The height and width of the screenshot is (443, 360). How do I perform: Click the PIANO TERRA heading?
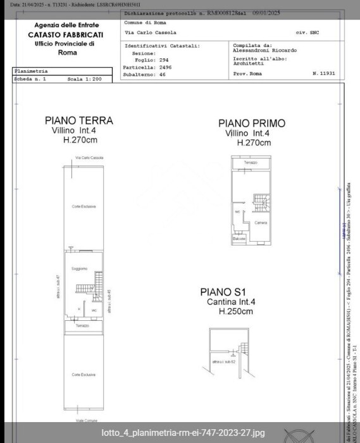(x=78, y=120)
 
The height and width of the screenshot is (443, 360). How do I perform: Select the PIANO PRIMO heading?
(x=251, y=123)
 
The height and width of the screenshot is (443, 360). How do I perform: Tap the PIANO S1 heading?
(x=223, y=292)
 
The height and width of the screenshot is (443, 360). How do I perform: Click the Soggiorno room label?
(x=79, y=268)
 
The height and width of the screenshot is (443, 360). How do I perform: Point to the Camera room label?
(x=261, y=223)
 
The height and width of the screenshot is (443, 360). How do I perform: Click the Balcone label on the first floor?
(x=239, y=238)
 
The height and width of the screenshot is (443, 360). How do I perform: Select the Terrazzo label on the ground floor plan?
(x=82, y=325)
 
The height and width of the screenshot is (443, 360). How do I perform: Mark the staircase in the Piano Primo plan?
(x=261, y=203)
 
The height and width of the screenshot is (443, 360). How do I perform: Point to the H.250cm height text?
(x=235, y=311)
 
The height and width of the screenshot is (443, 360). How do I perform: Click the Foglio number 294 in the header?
(x=163, y=60)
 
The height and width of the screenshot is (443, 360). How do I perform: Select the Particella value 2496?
(x=164, y=67)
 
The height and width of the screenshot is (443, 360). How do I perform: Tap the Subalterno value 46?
(x=162, y=74)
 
